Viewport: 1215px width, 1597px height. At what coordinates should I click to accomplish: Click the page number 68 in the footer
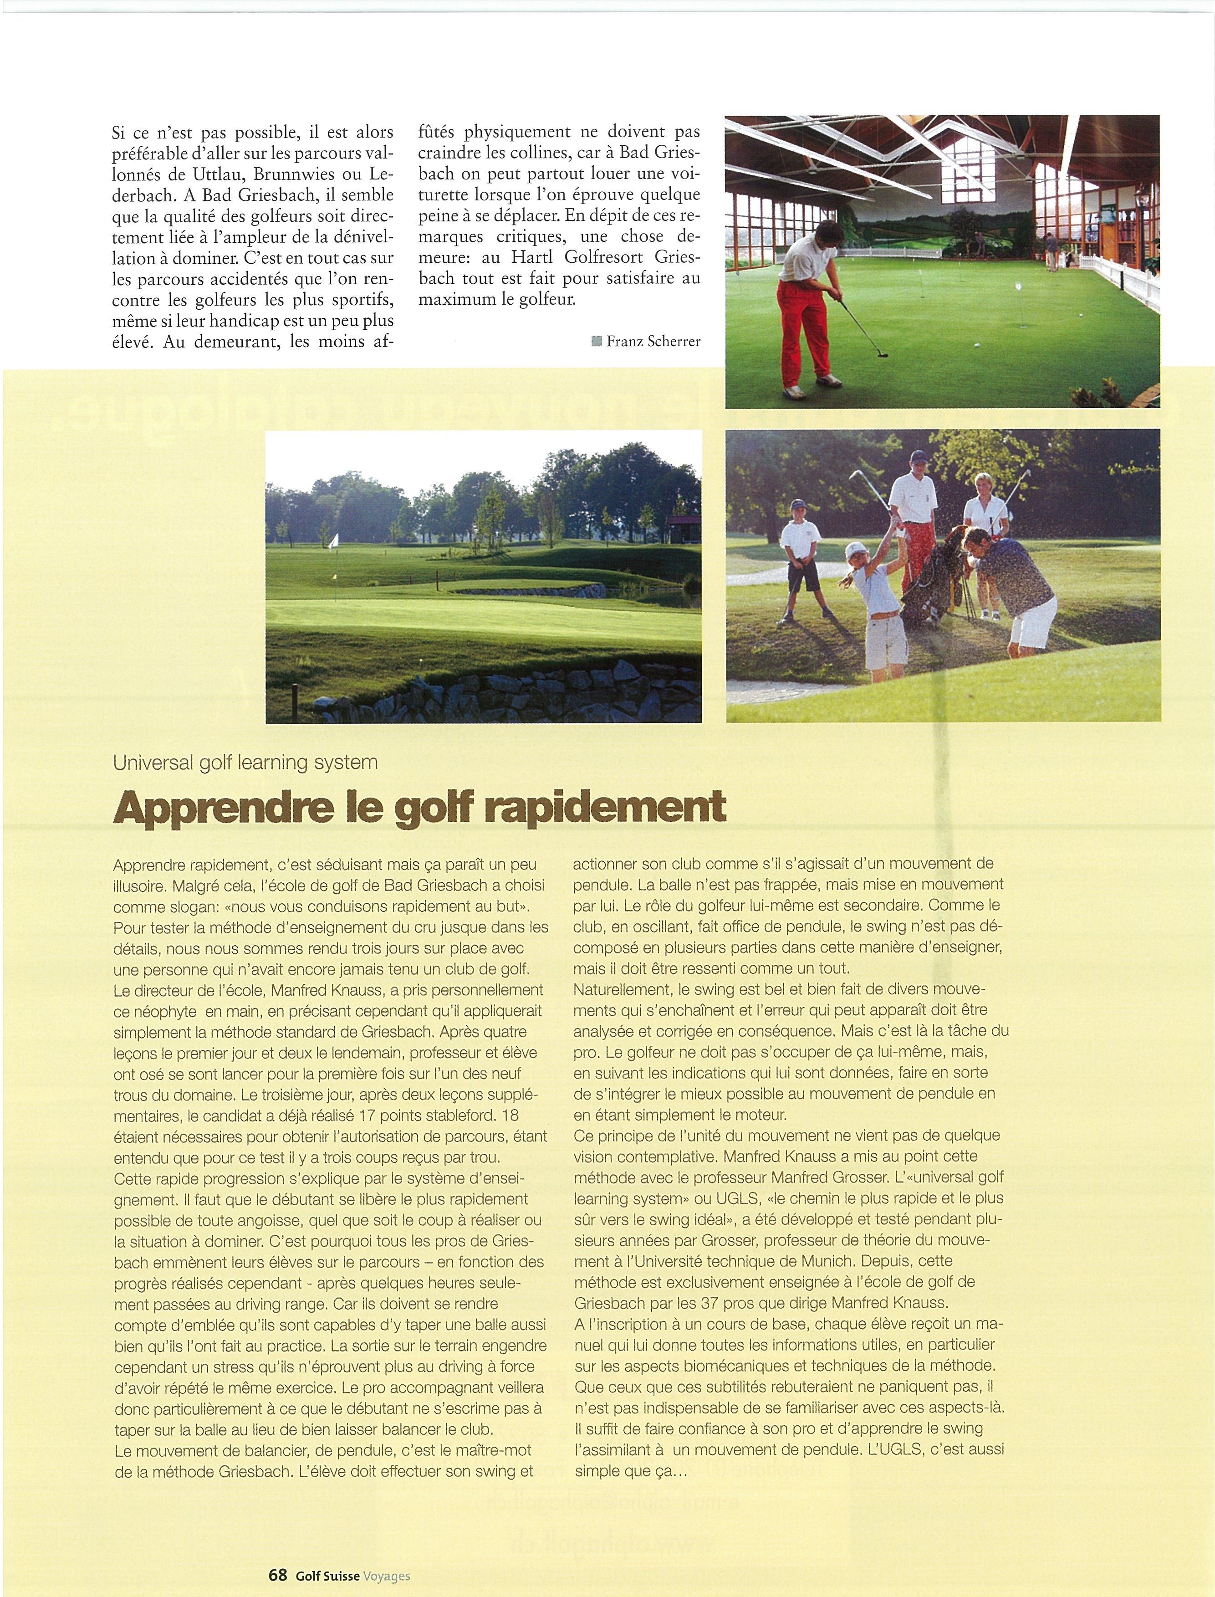coord(278,1570)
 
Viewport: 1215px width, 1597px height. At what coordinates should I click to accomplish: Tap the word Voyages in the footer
coord(387,1570)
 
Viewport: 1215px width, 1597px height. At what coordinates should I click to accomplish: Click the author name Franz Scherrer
coord(653,341)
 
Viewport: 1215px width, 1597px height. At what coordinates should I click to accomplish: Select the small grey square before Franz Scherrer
coord(596,341)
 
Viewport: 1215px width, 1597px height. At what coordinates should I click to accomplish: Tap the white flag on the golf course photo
coord(333,540)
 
